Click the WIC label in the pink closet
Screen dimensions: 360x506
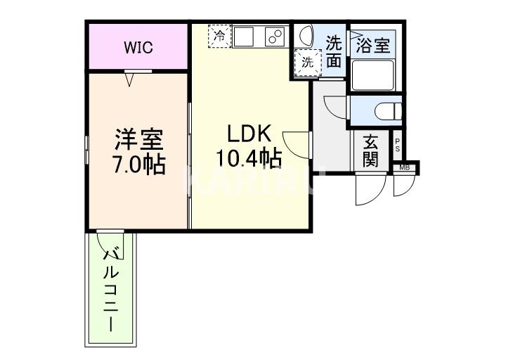click(138, 48)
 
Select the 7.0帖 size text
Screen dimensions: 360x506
click(140, 165)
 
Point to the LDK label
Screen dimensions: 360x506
click(245, 134)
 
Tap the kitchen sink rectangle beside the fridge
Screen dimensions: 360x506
click(247, 36)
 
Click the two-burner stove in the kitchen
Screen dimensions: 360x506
click(275, 37)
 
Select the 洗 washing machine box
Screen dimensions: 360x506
click(307, 62)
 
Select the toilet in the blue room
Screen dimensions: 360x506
click(387, 110)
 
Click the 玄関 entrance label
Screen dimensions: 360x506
click(370, 150)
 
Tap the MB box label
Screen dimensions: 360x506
click(405, 167)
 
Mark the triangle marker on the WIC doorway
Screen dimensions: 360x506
click(129, 79)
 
